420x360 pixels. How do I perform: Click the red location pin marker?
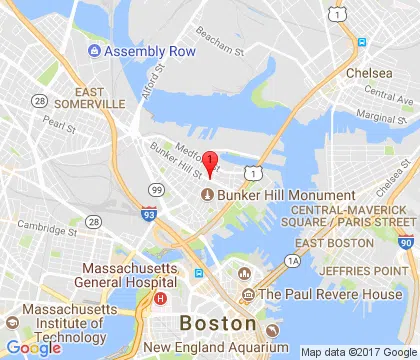[210, 163]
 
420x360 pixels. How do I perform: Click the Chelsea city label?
[371, 73]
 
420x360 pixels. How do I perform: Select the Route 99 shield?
[155, 188]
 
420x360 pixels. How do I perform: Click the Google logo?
[33, 347]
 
